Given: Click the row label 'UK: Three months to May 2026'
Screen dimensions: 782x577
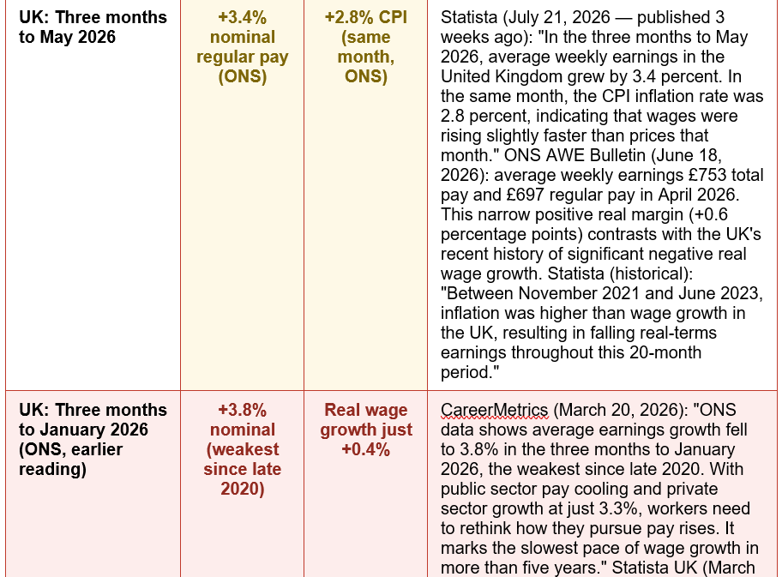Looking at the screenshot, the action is coord(93,27).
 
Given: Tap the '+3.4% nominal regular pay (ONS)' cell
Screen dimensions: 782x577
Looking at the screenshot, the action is coord(243,47).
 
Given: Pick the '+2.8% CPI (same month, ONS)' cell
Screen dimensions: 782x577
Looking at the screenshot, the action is coord(366,47).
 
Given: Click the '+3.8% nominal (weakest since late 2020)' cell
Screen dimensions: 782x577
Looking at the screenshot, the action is coord(243,449).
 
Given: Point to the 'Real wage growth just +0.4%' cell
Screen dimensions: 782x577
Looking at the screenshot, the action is coord(366,430).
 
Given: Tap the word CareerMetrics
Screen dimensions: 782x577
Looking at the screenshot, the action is coord(495,410).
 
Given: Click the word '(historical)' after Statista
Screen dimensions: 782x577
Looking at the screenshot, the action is coord(651,273).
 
